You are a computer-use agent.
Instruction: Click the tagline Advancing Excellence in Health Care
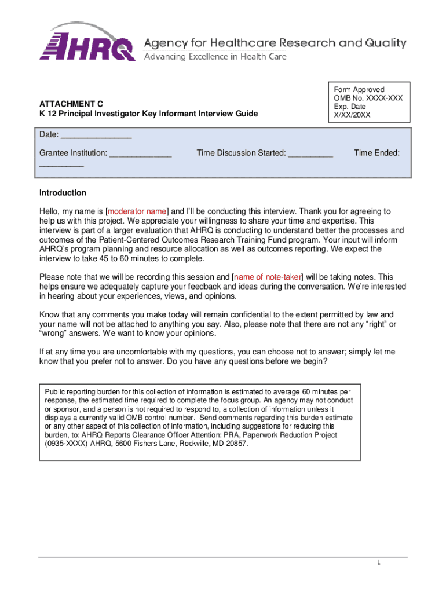215,57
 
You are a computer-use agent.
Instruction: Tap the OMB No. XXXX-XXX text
368,98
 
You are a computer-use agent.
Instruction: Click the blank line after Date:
96,136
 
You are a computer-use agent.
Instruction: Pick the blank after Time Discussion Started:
310,153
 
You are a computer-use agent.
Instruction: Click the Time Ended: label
377,153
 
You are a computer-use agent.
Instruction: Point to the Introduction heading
63,193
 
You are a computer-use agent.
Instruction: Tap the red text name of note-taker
267,277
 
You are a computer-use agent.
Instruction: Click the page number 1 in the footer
378,563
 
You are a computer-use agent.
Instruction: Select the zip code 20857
236,444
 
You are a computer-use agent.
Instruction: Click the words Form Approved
359,90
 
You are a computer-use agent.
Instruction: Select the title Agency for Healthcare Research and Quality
275,43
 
